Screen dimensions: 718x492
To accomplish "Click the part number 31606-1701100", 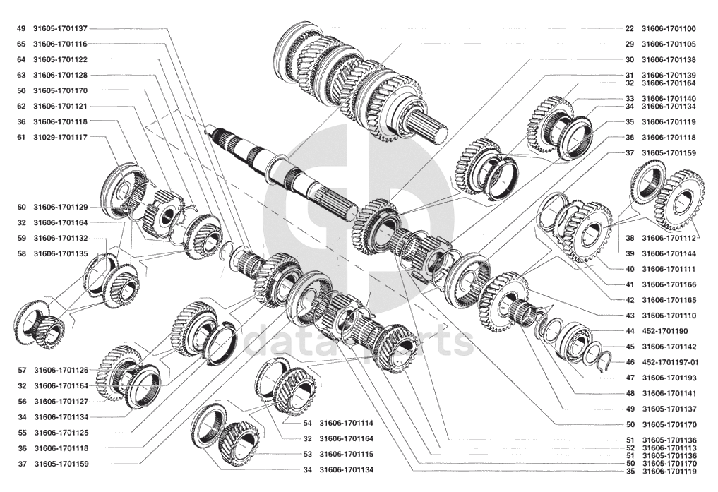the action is pyautogui.click(x=668, y=28).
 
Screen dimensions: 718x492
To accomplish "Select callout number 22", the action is pyautogui.click(x=629, y=28).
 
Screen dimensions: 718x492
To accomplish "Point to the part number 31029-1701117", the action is pyautogui.click(x=61, y=137).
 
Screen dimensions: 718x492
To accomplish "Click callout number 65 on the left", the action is pyautogui.click(x=21, y=44).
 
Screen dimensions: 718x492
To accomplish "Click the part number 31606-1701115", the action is pyautogui.click(x=346, y=455).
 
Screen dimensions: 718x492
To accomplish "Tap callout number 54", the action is pyautogui.click(x=307, y=424).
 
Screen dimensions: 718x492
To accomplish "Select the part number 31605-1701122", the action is pyautogui.click(x=61, y=59).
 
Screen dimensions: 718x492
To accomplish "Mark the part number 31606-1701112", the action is pyautogui.click(x=669, y=238).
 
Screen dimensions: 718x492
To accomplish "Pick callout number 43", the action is pyautogui.click(x=630, y=316).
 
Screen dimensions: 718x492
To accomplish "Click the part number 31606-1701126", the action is pyautogui.click(x=61, y=371).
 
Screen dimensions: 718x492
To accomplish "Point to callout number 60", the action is pyautogui.click(x=21, y=208).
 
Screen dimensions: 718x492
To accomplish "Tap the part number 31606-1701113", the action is pyautogui.click(x=669, y=448).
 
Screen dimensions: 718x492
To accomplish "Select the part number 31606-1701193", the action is pyautogui.click(x=669, y=378).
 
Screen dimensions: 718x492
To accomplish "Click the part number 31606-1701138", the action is pyautogui.click(x=668, y=59).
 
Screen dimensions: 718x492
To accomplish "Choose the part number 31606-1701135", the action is pyautogui.click(x=61, y=253).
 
